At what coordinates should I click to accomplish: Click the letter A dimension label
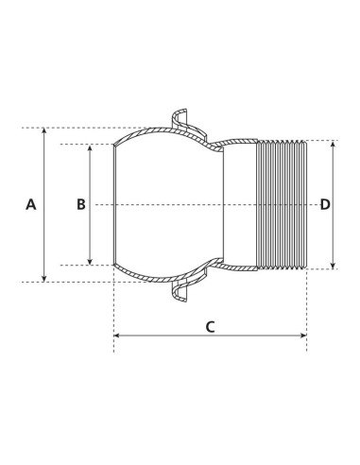[30, 204]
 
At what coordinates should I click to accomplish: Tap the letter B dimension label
[81, 204]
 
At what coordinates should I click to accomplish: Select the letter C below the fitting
[210, 327]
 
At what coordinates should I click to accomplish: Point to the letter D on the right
[325, 204]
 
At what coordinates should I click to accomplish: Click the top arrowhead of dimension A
[43, 131]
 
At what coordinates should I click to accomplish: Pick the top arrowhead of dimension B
[91, 148]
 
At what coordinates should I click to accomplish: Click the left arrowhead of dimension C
[117, 336]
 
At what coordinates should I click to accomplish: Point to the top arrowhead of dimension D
[334, 145]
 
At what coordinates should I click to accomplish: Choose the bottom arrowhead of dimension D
[334, 266]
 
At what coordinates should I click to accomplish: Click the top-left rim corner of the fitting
[115, 145]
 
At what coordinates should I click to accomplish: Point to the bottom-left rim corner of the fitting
[115, 266]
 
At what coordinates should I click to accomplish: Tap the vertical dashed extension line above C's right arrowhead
[306, 302]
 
